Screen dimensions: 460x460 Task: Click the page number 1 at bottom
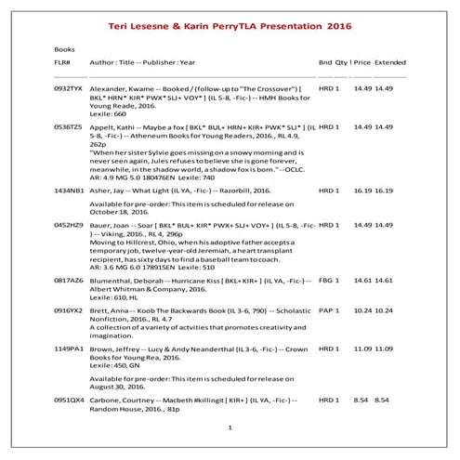230,427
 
